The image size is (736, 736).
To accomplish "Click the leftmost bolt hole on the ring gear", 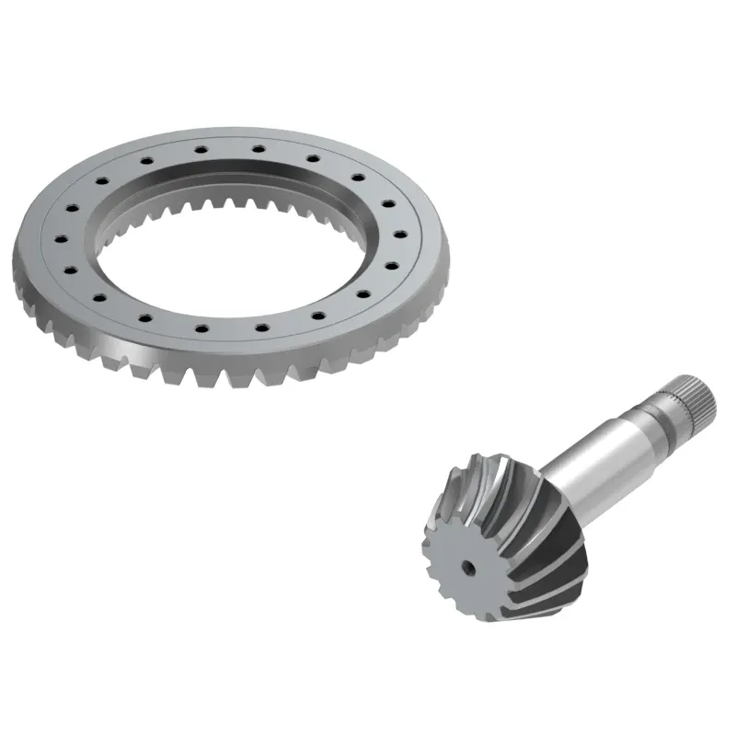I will click(x=59, y=238).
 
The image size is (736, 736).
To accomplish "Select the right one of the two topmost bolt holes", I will click(x=259, y=147).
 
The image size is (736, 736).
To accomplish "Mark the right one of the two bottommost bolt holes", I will click(x=260, y=326).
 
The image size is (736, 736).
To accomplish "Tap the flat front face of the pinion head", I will click(x=460, y=561).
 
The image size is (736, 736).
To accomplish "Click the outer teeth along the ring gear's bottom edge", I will click(x=230, y=373).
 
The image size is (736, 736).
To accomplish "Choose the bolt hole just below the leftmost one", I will click(x=68, y=269).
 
